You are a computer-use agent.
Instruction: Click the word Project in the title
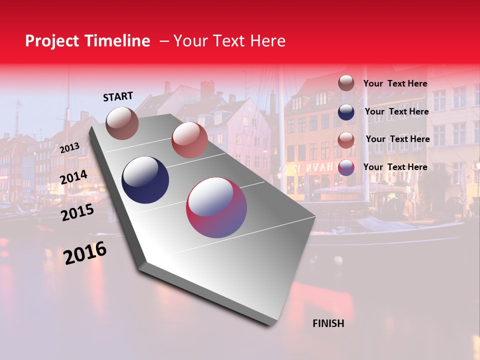pos(52,41)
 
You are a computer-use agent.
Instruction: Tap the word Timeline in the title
pos(117,41)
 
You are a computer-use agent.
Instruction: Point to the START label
pos(118,96)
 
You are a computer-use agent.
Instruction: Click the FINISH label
pos(328,323)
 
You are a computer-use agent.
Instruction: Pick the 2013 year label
pos(70,147)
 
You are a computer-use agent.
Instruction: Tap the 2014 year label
pos(73,177)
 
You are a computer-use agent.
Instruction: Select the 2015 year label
pos(77,212)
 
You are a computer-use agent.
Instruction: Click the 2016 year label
pos(85,252)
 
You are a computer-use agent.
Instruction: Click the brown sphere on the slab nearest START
pos(122,123)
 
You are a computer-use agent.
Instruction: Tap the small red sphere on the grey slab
pos(189,140)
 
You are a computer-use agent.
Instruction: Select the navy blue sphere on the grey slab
pos(145,180)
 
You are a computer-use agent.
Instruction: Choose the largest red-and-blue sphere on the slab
pos(216,207)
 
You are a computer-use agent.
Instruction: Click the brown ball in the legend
pos(346,83)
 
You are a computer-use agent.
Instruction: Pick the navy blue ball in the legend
pos(346,111)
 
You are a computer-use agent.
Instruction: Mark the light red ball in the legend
pos(346,139)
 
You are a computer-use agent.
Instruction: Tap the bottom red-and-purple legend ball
pos(346,167)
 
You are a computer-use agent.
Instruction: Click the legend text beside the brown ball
pos(395,83)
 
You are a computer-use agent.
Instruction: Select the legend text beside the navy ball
pos(396,111)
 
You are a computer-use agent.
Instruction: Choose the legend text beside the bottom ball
pos(395,167)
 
